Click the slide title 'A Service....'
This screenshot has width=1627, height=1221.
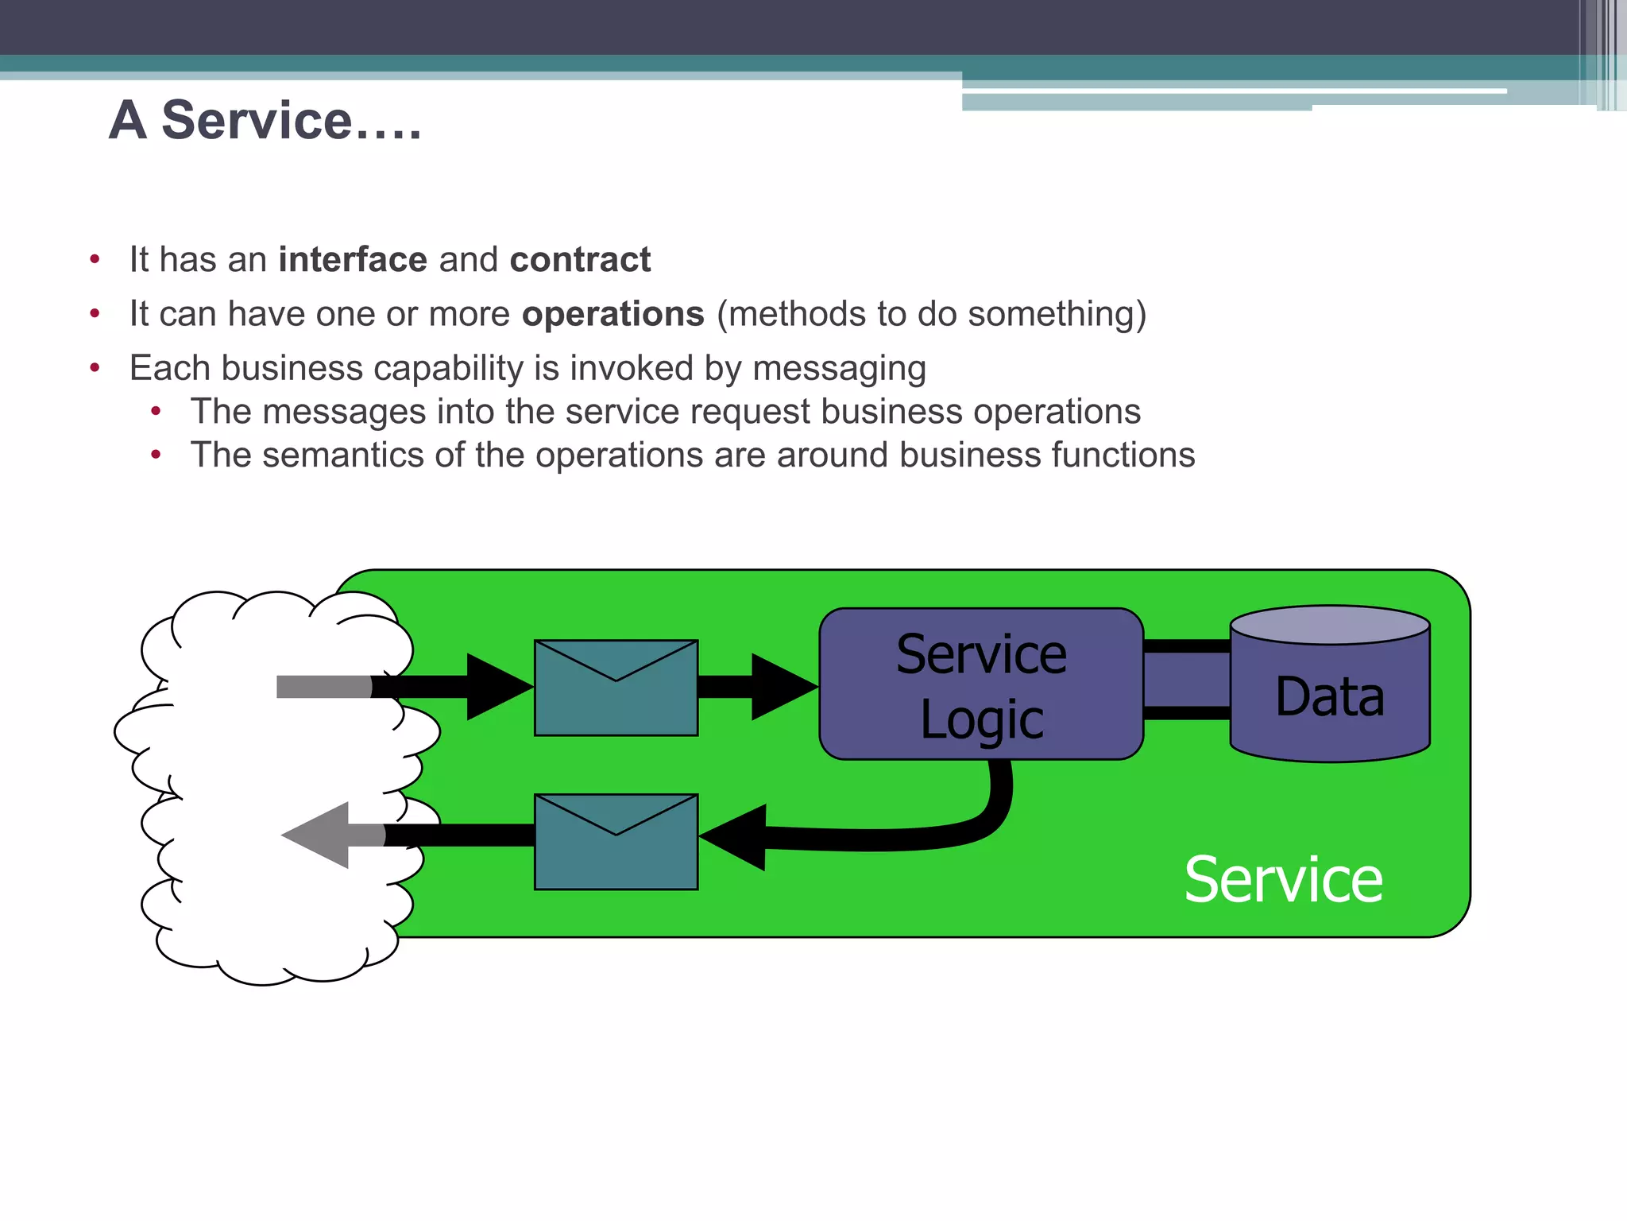click(265, 121)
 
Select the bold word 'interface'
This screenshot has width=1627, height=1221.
click(353, 260)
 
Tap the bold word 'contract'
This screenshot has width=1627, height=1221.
click(580, 260)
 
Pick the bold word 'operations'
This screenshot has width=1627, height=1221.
click(613, 314)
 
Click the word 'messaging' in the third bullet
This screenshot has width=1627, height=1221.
click(839, 369)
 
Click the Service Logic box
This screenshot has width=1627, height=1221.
click(980, 684)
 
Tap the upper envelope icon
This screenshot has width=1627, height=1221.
click(616, 688)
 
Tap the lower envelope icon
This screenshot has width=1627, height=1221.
click(616, 842)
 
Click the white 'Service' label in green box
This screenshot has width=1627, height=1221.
click(1282, 880)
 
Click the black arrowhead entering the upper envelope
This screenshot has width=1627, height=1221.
click(497, 687)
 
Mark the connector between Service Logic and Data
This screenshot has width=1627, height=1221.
click(1186, 680)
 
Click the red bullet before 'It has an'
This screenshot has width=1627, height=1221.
click(95, 260)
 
